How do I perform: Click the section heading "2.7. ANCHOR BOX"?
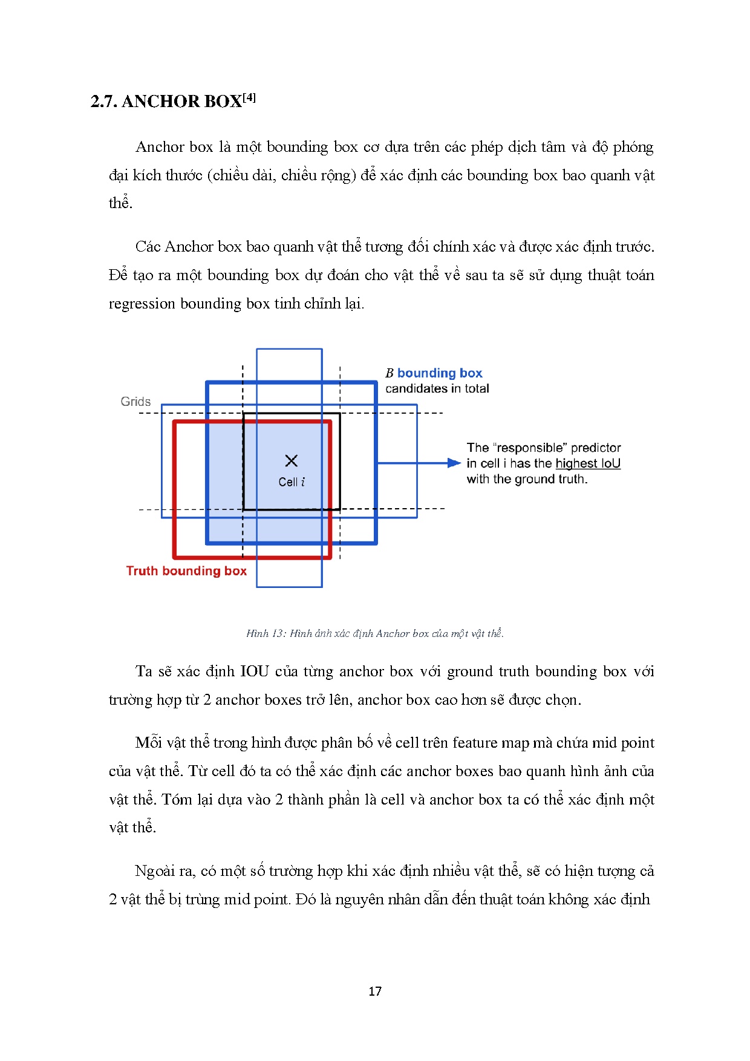coord(166,101)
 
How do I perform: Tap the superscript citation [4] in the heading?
coord(249,97)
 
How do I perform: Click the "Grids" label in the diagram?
coord(135,402)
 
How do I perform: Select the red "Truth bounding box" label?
coord(186,571)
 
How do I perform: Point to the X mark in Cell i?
coord(291,461)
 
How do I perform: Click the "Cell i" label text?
coord(292,482)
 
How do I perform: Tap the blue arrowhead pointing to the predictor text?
coord(454,463)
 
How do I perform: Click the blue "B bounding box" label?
coord(434,373)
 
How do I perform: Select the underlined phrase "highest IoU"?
coord(588,463)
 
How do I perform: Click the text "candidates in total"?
coord(437,388)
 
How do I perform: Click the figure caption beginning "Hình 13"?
coord(375,633)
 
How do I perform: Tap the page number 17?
coord(375,991)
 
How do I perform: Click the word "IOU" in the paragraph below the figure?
coord(254,671)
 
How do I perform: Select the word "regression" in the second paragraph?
coord(142,304)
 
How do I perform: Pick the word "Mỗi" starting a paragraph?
coord(148,743)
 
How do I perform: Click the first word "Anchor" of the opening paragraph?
coord(160,147)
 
